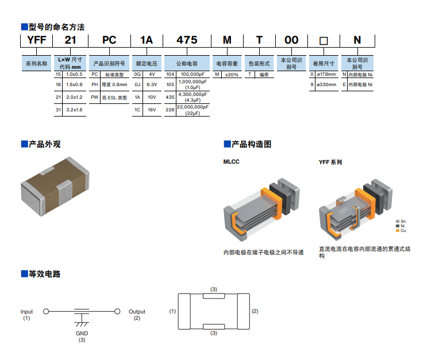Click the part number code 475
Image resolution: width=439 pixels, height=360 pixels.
point(187,40)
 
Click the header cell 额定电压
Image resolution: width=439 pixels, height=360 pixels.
point(146,64)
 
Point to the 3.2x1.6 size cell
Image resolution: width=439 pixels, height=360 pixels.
point(74,109)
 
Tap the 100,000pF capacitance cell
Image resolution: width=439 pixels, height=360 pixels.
point(192,75)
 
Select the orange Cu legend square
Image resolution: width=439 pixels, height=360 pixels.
point(397,230)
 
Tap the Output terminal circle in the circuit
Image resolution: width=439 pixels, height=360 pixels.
point(117,312)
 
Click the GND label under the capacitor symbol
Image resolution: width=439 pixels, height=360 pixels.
point(82,333)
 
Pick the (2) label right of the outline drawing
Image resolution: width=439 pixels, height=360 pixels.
point(255,311)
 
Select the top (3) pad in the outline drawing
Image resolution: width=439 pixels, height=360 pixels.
point(214,296)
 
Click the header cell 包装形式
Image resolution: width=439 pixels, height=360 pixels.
point(258,64)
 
